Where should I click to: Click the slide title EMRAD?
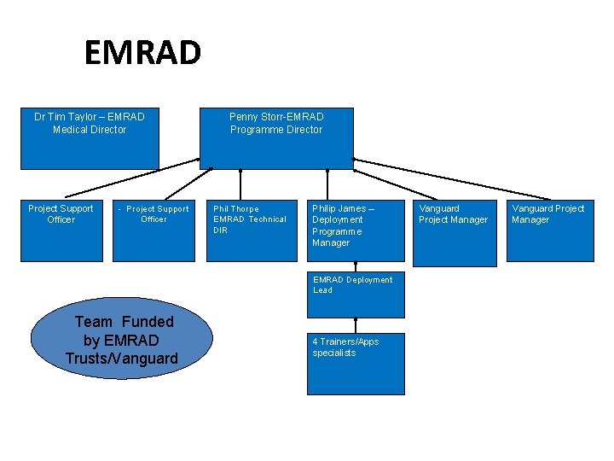pos(142,53)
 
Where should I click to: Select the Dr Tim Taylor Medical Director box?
pos(90,137)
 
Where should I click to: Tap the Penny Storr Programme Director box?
pos(276,137)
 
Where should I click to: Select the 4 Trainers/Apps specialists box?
pos(356,364)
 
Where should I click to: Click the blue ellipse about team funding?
pos(122,340)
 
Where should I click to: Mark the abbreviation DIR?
pos(220,230)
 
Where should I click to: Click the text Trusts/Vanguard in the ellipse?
pos(122,359)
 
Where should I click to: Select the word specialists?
pos(333,353)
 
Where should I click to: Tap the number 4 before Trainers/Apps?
pos(316,342)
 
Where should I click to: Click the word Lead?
pos(322,290)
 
